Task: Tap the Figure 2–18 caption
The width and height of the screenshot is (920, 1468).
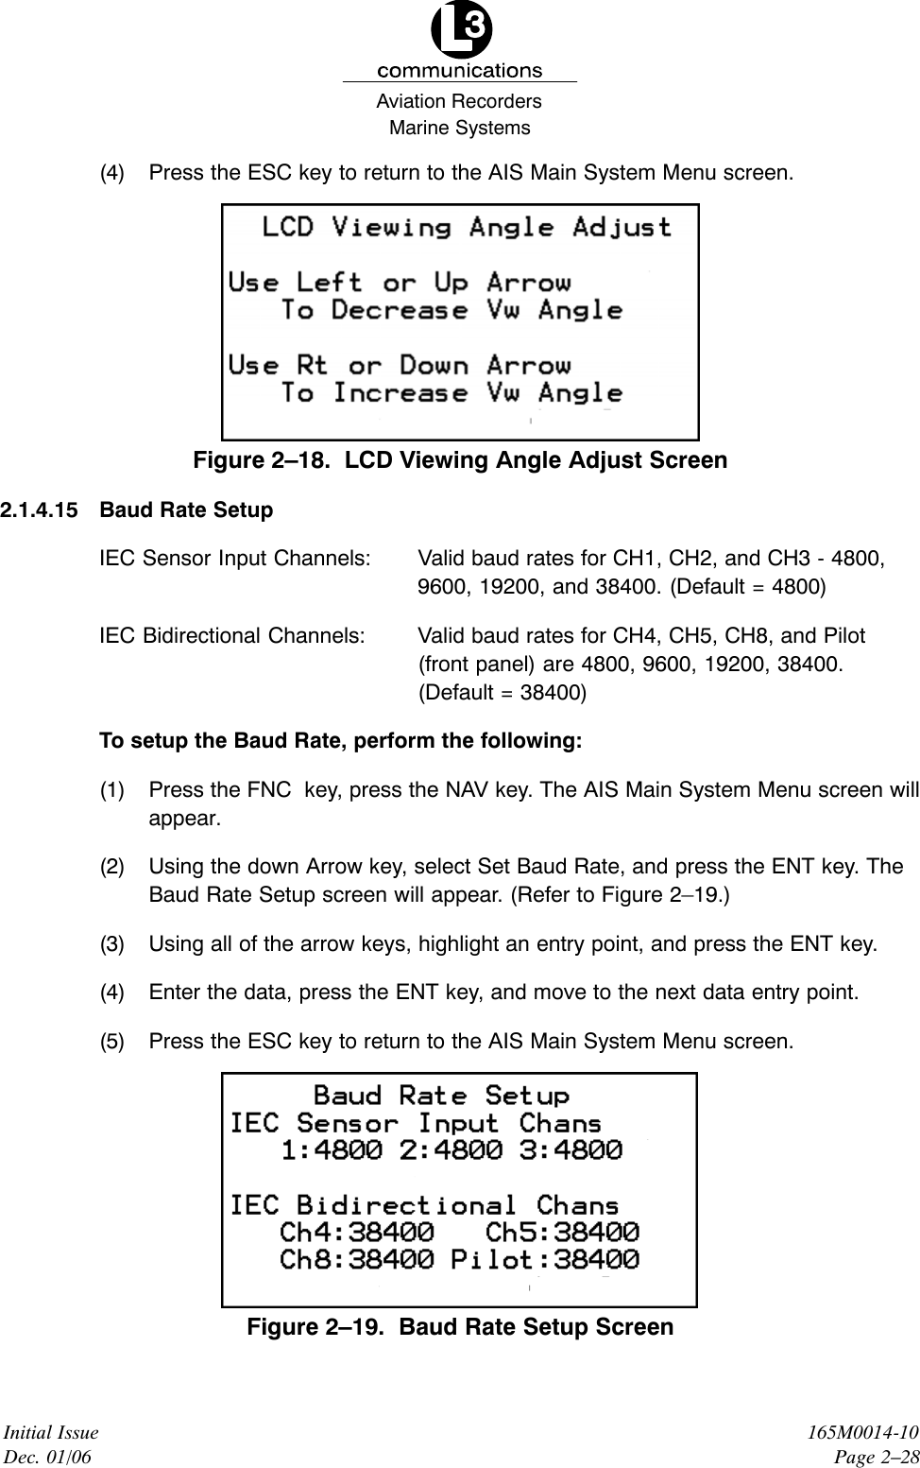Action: (x=460, y=460)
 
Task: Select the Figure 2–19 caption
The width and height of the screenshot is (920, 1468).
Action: (x=460, y=1327)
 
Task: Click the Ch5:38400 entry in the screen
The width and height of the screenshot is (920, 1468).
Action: (x=561, y=1233)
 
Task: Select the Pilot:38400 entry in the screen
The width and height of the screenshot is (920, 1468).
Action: (x=544, y=1260)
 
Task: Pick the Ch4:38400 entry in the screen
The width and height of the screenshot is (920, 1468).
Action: (x=358, y=1233)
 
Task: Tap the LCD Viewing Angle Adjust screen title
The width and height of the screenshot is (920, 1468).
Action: (x=467, y=228)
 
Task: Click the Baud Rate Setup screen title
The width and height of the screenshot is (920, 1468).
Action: (x=441, y=1096)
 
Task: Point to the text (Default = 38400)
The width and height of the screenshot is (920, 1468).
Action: (x=502, y=692)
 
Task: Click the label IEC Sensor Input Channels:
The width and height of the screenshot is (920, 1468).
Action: (x=234, y=559)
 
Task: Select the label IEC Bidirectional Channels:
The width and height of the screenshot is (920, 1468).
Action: (x=232, y=635)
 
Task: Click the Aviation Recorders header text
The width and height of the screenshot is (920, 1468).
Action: (x=459, y=101)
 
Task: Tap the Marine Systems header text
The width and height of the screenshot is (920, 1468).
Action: (x=460, y=128)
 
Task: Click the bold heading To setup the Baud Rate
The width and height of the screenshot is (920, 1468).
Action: (x=340, y=740)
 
